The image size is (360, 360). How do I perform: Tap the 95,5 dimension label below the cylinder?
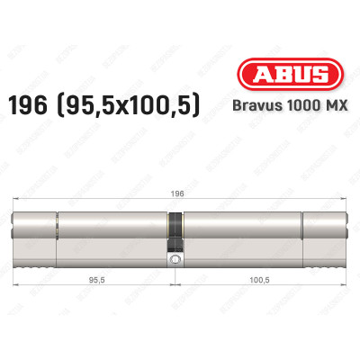pyautogui.click(x=95, y=282)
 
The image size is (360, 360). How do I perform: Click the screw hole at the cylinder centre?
pyautogui.click(x=175, y=262)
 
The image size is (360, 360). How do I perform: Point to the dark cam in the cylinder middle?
pyautogui.click(x=175, y=231)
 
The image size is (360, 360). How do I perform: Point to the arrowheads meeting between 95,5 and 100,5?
pyautogui.click(x=175, y=288)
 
